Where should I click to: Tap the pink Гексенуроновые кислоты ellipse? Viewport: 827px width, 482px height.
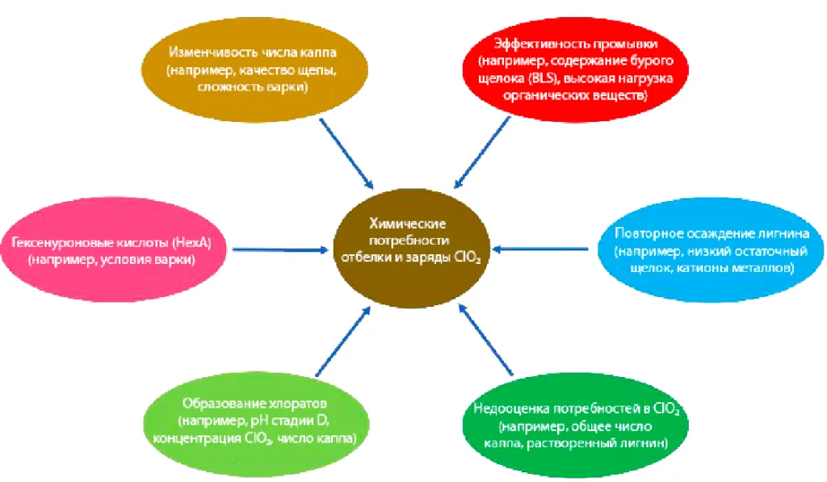point(113,251)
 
